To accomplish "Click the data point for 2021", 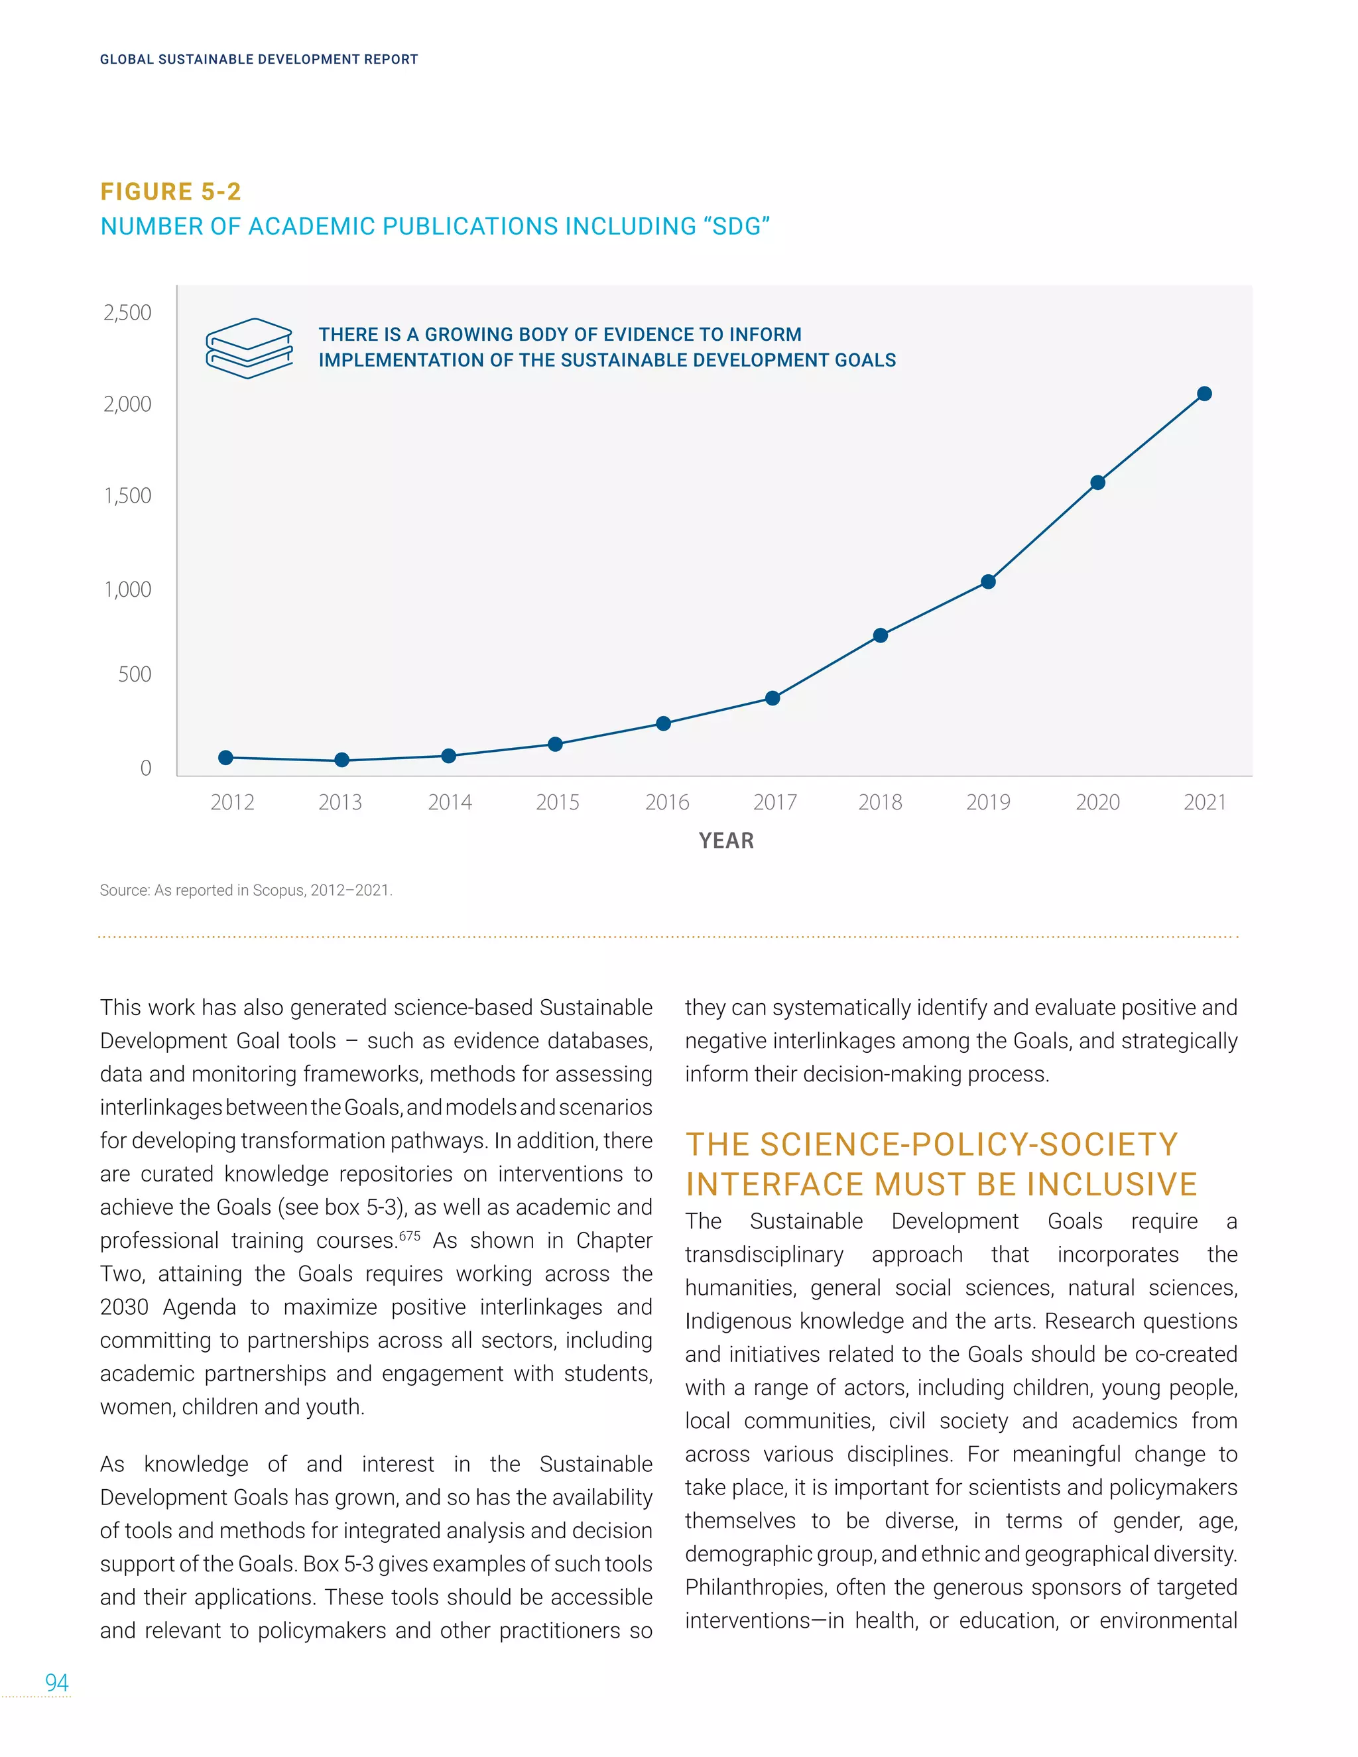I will coord(1204,393).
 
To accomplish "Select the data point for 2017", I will coord(772,697).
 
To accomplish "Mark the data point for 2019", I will coord(989,581).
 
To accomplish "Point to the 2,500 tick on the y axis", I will coord(127,312).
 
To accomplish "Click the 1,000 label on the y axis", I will coord(127,589).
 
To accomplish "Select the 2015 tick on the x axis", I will coord(558,802).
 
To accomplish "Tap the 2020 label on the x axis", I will coord(1097,802).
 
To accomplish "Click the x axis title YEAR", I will coord(727,841).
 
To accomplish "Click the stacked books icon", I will coord(249,347).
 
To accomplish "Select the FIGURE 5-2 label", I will coord(170,192).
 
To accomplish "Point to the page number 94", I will coord(56,1682).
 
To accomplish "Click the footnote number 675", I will coord(410,1235).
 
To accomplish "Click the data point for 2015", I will coord(555,744).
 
